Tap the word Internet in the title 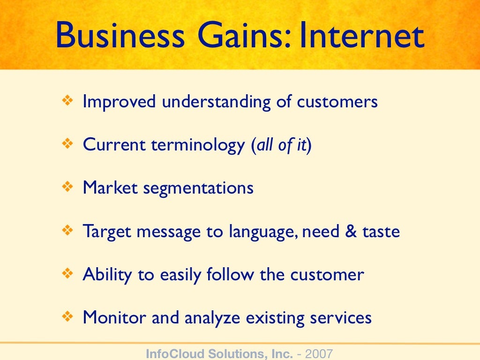pos(362,36)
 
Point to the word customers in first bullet pos(337,102)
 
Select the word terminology pos(198,146)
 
